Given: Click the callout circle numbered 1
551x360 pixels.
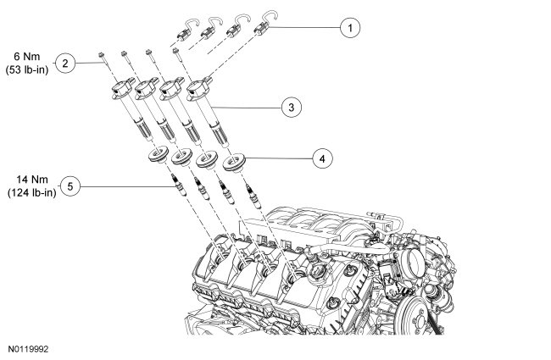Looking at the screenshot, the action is (x=349, y=27).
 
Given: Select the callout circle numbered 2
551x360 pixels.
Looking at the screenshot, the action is (x=65, y=64).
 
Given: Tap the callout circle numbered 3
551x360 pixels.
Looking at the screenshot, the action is (x=292, y=107).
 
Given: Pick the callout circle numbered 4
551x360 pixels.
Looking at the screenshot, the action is (x=323, y=158).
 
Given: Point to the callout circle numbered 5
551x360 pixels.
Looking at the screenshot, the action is (x=70, y=186).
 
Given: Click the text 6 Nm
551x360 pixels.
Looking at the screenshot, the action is (x=27, y=56).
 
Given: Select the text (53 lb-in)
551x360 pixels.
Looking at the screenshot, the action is (x=27, y=69).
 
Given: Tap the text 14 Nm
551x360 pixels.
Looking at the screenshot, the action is (x=32, y=179).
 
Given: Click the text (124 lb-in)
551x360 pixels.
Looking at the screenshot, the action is (x=32, y=192).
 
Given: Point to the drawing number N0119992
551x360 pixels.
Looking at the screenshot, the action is (x=29, y=349).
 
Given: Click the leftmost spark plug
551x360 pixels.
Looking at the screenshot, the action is (x=178, y=186).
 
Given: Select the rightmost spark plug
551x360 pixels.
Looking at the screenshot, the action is (x=253, y=196).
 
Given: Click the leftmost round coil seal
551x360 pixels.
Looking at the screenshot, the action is (x=159, y=155).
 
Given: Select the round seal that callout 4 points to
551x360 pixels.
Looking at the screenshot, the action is (x=234, y=163).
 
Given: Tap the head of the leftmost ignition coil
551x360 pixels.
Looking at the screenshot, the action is (x=121, y=87).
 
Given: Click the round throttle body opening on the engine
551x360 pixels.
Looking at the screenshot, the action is (x=415, y=261).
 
